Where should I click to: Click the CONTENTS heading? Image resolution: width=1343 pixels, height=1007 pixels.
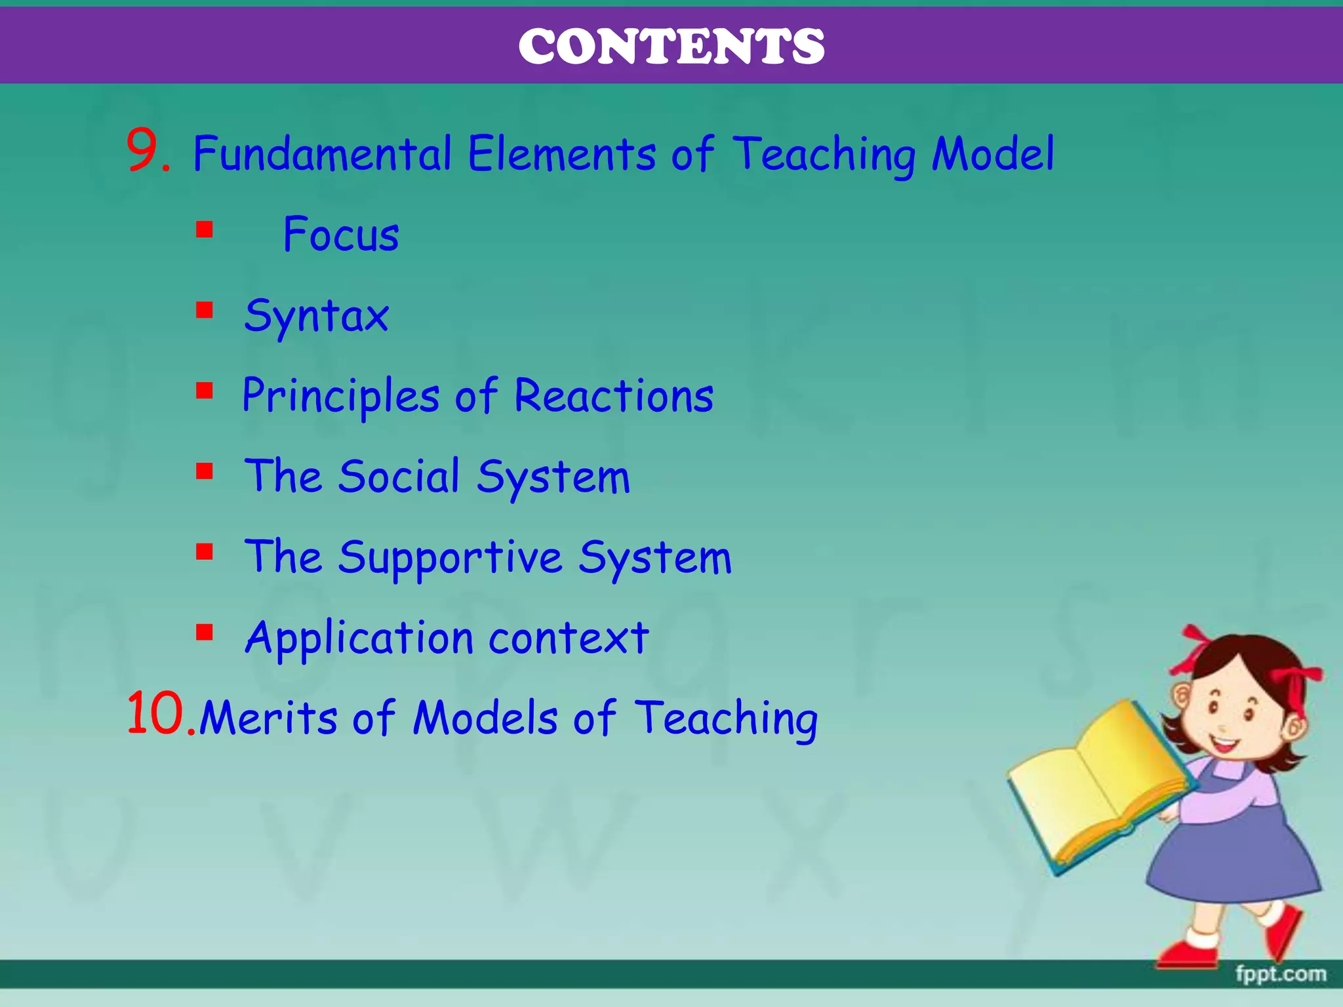pos(671,47)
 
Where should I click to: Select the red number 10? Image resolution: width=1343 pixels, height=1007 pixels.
pos(157,715)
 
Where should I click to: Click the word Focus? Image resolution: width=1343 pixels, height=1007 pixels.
pos(341,235)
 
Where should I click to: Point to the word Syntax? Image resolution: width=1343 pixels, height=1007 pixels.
pos(317,317)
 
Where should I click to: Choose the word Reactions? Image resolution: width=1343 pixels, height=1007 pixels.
pos(614,397)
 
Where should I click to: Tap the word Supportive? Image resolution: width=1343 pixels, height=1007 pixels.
pos(450,558)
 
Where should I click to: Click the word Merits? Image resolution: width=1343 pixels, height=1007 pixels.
pos(268,718)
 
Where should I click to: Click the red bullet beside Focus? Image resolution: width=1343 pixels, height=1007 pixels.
pos(205,230)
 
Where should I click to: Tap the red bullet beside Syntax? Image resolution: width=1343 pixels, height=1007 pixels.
pos(205,310)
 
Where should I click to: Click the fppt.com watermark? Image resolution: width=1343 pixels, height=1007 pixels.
pos(1280,974)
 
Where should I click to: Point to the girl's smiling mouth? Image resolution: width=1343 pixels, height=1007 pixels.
pos(1224,744)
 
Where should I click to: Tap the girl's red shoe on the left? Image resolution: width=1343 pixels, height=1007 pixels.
pos(1188,951)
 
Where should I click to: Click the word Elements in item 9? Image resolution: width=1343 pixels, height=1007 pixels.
pos(561,154)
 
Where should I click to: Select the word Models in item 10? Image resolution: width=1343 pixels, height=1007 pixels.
pos(485,718)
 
